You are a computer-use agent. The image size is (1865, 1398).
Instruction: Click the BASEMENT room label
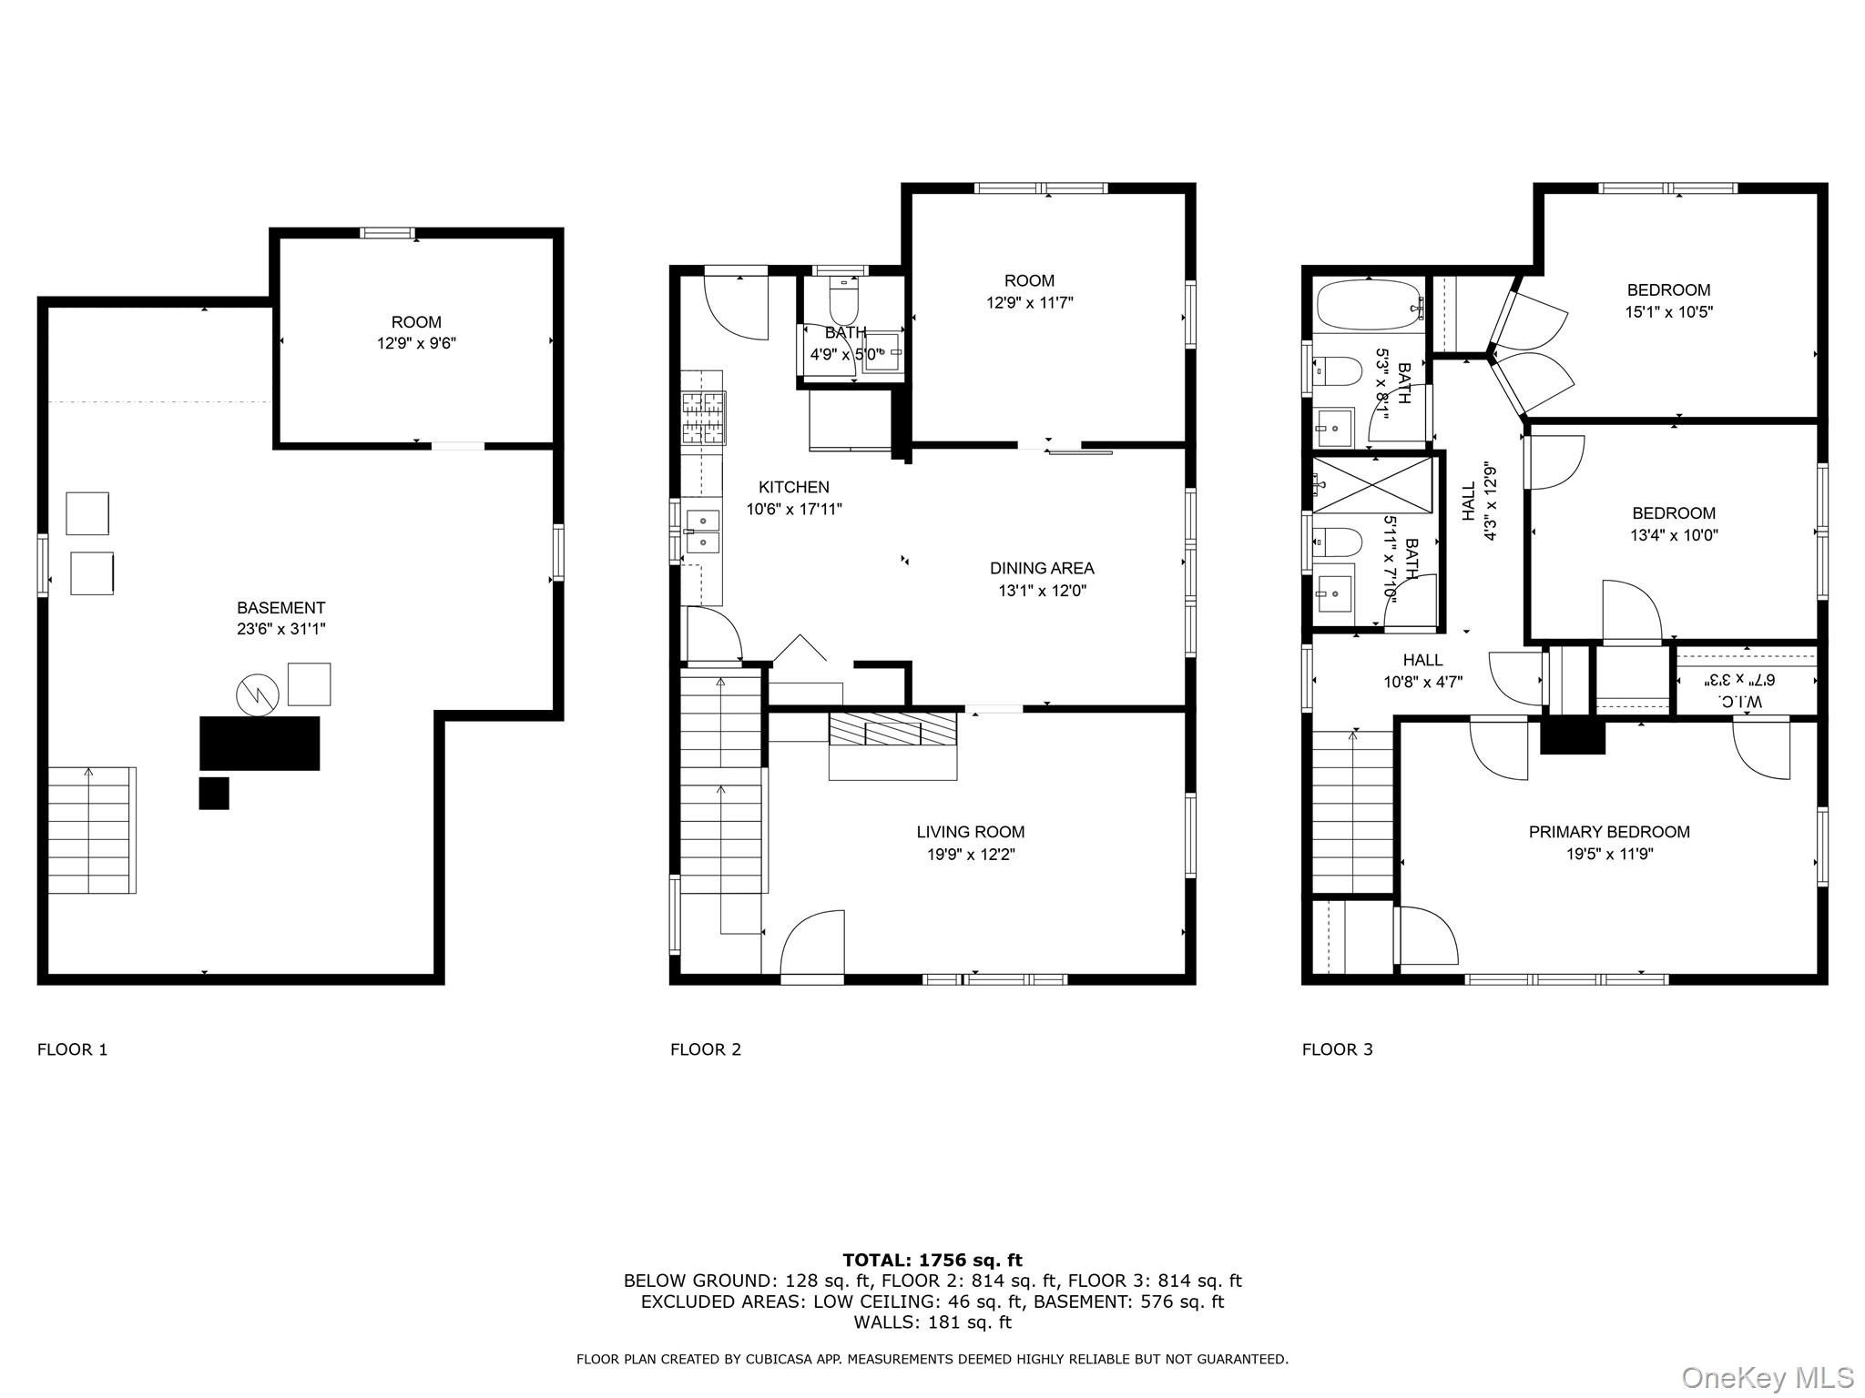(x=280, y=608)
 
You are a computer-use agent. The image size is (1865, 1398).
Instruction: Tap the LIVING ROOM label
(x=970, y=832)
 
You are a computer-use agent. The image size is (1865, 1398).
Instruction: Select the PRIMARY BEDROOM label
(x=1609, y=832)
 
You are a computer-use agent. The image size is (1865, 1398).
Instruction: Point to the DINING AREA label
(x=1042, y=568)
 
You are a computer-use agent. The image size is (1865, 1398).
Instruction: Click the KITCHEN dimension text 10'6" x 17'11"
(x=794, y=510)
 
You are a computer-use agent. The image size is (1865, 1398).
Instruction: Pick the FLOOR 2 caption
(x=706, y=1049)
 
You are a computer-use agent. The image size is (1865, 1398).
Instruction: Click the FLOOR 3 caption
(x=1337, y=1049)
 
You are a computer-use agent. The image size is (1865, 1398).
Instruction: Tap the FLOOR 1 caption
(x=73, y=1049)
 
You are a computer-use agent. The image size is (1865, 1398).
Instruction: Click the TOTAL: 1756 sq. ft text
(x=932, y=1261)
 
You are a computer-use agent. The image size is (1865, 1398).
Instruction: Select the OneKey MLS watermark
(x=1767, y=1378)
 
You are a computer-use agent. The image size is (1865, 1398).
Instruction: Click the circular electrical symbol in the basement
(x=257, y=695)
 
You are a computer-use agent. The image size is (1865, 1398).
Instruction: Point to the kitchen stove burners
(x=704, y=418)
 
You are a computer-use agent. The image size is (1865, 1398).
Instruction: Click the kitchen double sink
(x=702, y=532)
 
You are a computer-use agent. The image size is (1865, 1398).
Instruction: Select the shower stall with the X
(x=1372, y=484)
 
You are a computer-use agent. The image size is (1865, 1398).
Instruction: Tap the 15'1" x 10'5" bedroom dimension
(x=1669, y=312)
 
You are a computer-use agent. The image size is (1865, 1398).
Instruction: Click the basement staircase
(x=92, y=830)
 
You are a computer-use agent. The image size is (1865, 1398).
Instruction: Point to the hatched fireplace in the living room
(x=892, y=730)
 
